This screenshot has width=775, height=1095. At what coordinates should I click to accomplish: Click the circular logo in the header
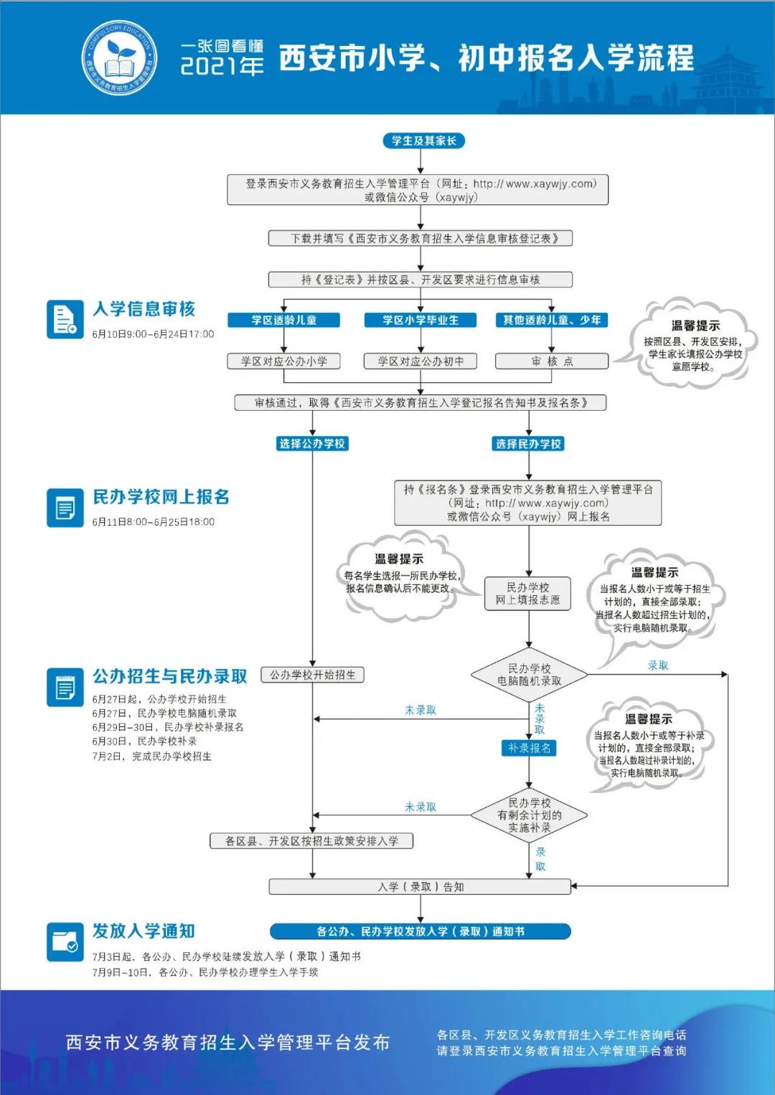click(120, 58)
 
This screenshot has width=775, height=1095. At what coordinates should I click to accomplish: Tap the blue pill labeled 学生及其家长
click(423, 141)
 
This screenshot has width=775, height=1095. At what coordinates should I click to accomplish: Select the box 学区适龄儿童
click(283, 320)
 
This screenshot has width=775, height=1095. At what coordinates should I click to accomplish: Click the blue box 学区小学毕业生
click(420, 320)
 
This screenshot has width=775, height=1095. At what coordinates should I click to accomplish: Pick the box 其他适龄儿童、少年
click(552, 320)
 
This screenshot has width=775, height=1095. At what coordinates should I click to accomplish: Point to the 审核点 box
click(552, 361)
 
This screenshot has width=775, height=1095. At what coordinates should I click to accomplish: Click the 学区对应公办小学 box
click(283, 361)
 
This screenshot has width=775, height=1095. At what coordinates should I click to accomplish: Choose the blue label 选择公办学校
click(312, 444)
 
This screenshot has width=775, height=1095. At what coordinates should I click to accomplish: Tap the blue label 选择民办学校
click(529, 444)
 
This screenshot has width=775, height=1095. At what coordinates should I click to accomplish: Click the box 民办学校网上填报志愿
click(528, 594)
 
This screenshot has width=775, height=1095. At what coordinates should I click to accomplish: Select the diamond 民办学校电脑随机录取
click(530, 675)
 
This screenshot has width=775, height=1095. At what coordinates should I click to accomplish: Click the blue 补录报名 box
click(529, 748)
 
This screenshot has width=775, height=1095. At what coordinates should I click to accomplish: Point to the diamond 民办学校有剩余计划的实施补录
click(530, 815)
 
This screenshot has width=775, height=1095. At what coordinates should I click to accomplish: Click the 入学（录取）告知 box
click(421, 887)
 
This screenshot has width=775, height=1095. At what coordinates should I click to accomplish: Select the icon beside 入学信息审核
click(65, 318)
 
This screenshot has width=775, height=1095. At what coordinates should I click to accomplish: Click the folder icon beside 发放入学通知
click(65, 941)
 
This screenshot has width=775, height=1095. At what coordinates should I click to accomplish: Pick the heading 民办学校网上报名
click(161, 497)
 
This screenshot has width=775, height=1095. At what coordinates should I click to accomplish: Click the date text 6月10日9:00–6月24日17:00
click(153, 334)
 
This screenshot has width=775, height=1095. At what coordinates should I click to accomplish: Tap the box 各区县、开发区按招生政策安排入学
click(311, 841)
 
